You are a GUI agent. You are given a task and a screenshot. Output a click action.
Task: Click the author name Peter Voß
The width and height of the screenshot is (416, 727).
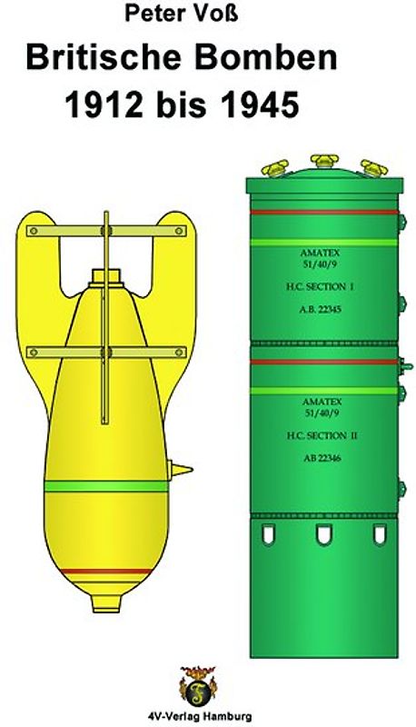click(181, 13)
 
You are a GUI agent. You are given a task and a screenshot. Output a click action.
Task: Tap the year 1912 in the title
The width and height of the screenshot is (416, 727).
click(104, 105)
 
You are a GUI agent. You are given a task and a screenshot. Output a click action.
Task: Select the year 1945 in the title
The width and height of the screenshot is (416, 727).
click(260, 105)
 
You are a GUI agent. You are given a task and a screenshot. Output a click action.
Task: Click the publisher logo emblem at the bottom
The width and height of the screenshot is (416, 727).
click(197, 686)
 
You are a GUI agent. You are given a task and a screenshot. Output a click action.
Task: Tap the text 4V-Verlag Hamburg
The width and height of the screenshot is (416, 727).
click(198, 715)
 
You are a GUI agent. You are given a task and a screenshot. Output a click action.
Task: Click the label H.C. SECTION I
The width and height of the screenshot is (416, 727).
click(320, 287)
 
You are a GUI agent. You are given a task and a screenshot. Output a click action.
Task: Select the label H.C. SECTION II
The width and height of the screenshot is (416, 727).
click(322, 436)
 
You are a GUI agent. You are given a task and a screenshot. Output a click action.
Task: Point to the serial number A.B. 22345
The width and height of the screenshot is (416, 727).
click(320, 309)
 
